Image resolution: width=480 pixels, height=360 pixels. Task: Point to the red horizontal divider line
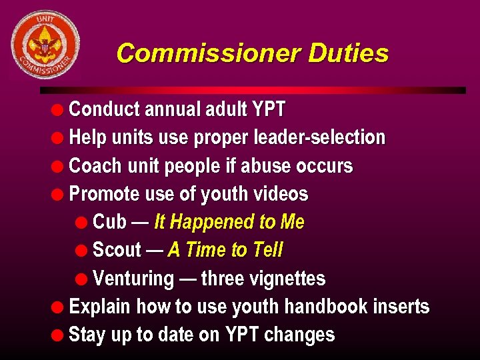[253, 90]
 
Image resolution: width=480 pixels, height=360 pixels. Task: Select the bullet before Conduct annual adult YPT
[59, 109]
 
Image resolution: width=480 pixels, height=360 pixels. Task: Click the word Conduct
[104, 109]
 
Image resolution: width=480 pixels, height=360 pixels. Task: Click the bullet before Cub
[82, 223]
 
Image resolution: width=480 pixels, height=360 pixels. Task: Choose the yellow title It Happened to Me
[229, 222]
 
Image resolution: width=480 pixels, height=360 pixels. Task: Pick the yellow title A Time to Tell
[225, 250]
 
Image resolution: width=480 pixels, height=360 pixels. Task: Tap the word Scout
[117, 250]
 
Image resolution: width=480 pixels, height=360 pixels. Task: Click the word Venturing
[133, 279]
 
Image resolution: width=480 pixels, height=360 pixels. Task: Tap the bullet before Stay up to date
[59, 335]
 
